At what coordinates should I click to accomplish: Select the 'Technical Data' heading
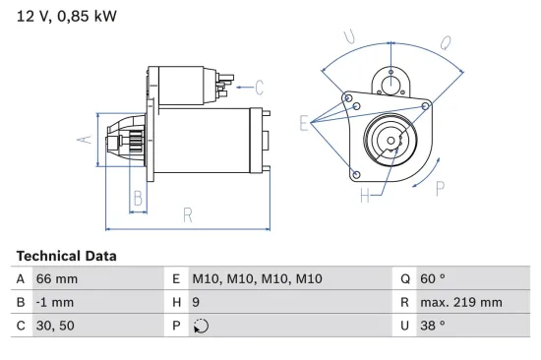click(x=66, y=256)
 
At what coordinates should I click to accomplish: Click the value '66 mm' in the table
click(x=56, y=278)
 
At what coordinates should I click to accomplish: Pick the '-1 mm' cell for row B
click(x=55, y=302)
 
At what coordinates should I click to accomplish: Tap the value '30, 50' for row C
click(x=56, y=326)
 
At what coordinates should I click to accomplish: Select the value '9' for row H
click(x=196, y=302)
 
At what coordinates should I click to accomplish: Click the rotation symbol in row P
click(x=200, y=326)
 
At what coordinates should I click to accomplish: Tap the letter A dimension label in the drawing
click(x=85, y=140)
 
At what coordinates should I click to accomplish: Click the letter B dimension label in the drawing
click(x=138, y=198)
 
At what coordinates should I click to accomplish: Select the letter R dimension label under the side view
click(x=186, y=216)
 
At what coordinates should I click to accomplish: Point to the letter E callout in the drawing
click(x=305, y=123)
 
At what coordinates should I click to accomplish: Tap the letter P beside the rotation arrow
click(x=441, y=186)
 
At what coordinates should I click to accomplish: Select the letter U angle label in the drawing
click(x=349, y=37)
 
